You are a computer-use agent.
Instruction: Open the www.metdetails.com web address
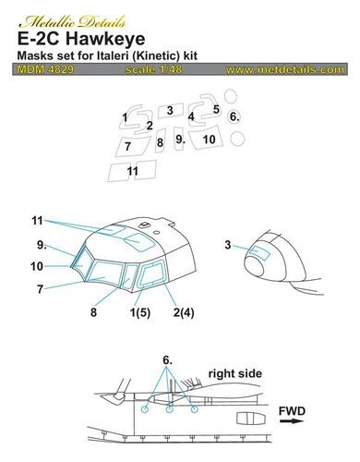tap(285, 69)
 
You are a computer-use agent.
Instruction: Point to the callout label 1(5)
tap(138, 314)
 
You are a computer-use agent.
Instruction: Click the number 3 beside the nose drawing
tap(227, 244)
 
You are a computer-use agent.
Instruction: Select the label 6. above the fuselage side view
tap(167, 358)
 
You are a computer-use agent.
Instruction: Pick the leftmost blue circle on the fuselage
tap(145, 408)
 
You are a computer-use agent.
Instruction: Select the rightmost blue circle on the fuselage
tap(194, 408)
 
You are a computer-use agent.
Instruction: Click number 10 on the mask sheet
tap(210, 140)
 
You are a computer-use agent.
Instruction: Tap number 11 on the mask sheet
tap(133, 171)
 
